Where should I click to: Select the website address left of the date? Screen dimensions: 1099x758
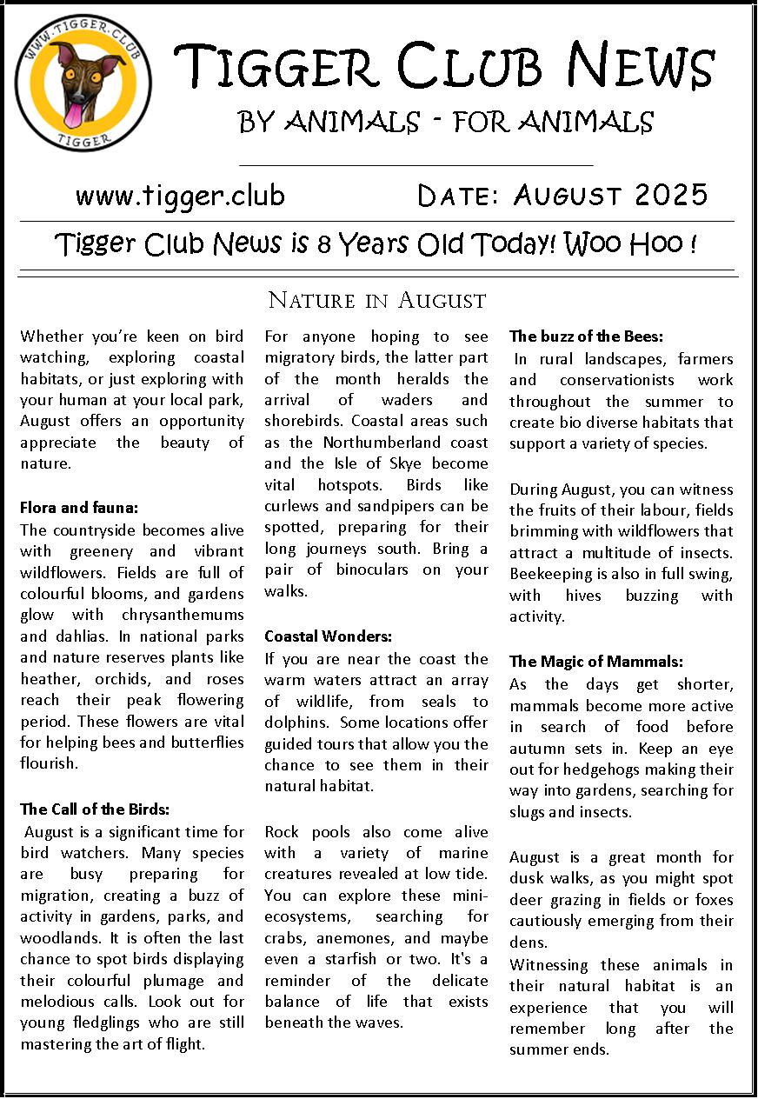[180, 196]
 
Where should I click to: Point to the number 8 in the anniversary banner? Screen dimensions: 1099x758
[323, 245]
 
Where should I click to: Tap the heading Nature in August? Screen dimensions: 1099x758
[376, 301]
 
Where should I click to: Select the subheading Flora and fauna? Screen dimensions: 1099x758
[79, 507]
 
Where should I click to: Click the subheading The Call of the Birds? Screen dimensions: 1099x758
[95, 809]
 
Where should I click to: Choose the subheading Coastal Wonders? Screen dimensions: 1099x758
[329, 636]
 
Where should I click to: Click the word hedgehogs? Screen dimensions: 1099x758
[604, 769]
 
